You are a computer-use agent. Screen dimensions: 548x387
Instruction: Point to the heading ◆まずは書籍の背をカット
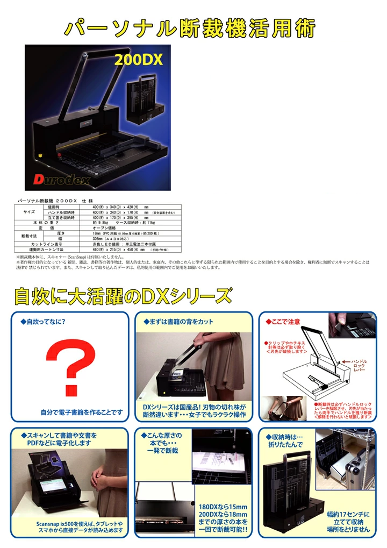tap(177, 322)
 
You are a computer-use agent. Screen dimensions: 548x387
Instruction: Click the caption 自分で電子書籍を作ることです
tap(82, 412)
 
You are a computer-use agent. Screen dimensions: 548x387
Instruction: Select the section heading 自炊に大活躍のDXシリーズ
tap(123, 296)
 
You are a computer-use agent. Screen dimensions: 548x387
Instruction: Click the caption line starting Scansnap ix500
tap(80, 523)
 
